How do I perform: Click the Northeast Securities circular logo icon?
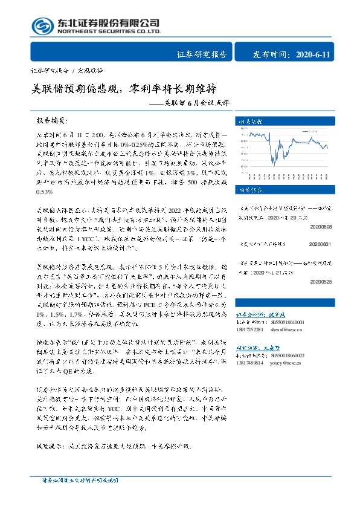(41, 25)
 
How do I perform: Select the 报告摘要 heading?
(52, 121)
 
